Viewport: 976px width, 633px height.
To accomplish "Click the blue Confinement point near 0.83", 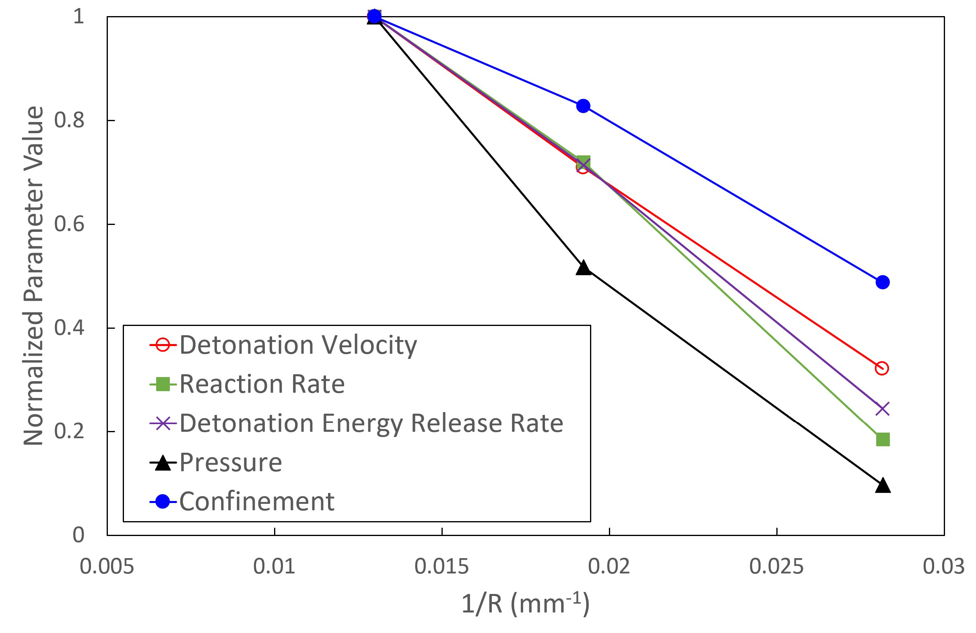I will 583,106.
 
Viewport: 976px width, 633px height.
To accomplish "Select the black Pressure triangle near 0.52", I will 583,268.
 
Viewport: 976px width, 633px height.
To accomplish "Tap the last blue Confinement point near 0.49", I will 883,282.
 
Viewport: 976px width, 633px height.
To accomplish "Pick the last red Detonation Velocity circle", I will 882,368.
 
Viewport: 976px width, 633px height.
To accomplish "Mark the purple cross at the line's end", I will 882,409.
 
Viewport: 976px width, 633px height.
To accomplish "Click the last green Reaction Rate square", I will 883,439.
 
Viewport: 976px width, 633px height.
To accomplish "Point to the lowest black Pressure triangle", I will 883,485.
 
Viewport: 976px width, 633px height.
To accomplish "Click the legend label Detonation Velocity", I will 298,345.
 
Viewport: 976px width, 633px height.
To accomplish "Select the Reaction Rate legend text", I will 262,384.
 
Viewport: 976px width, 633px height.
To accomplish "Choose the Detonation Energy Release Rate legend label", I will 371,423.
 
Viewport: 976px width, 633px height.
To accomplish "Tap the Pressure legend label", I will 231,462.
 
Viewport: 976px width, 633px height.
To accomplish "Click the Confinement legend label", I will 257,501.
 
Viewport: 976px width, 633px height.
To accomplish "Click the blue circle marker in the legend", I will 163,501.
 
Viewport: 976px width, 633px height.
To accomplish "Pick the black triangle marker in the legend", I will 163,463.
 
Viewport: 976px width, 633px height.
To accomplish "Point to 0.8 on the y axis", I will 69,121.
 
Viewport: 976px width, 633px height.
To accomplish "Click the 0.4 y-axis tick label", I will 69,328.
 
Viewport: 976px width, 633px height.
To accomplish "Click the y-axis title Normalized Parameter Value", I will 34,276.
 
